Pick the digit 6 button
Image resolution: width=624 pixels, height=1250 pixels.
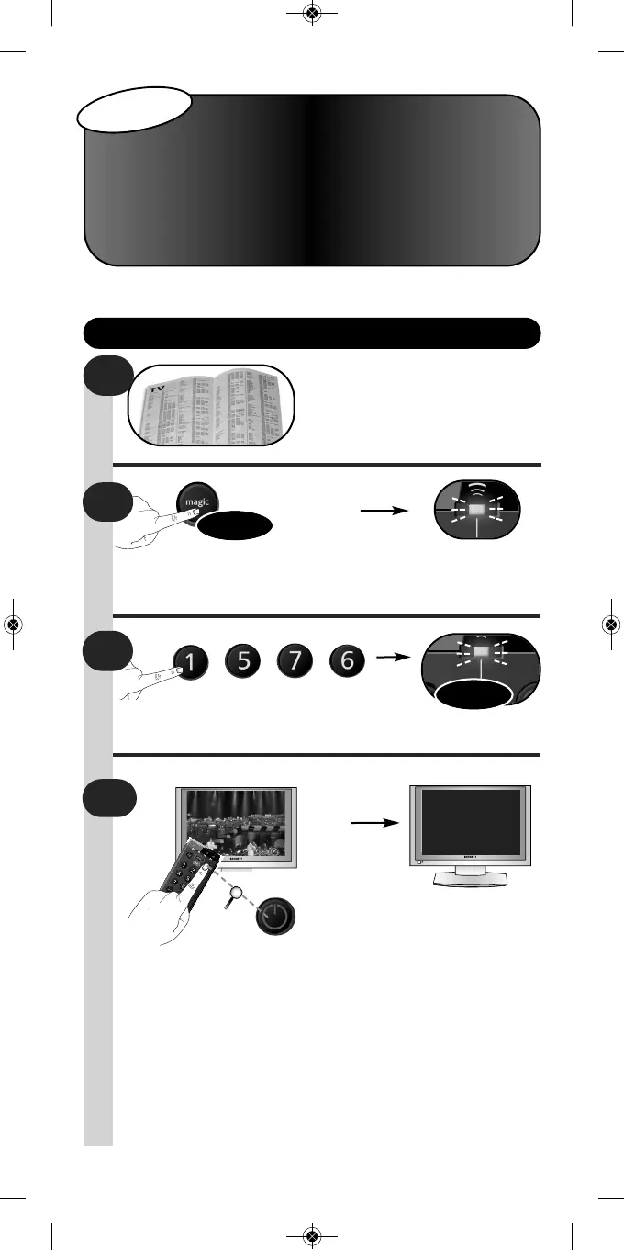348,664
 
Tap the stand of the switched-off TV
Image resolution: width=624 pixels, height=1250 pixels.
471,877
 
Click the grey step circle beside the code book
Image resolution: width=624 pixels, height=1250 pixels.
109,377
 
